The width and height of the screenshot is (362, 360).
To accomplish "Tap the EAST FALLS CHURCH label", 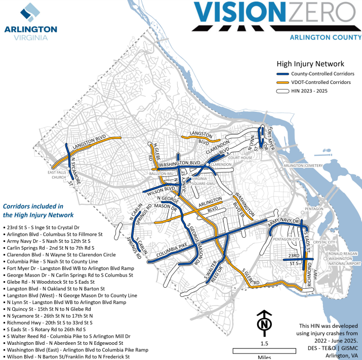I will pos(57,175).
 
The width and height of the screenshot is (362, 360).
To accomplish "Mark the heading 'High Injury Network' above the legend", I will pos(310,64).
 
